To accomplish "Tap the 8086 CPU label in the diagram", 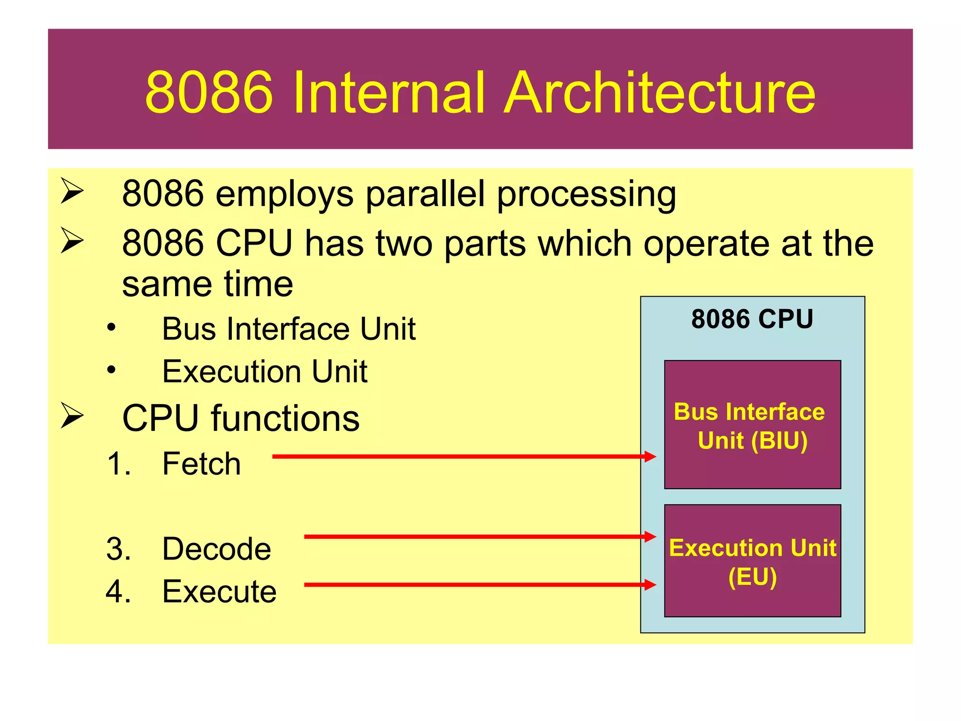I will pyautogui.click(x=752, y=320).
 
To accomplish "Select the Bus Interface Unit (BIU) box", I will pyautogui.click(x=752, y=425).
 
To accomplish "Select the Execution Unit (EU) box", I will pyautogui.click(x=752, y=561).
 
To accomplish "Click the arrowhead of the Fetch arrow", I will pyautogui.click(x=650, y=456).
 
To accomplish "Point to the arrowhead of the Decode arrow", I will pyautogui.click(x=650, y=537).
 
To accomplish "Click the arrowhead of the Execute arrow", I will pyautogui.click(x=650, y=584).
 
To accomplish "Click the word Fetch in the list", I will pyautogui.click(x=201, y=464).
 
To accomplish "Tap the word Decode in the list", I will pyautogui.click(x=216, y=549).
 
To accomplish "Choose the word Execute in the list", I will pyautogui.click(x=219, y=591).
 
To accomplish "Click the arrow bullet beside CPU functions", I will pyautogui.click(x=72, y=416).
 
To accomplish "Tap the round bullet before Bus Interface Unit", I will pyautogui.click(x=111, y=327).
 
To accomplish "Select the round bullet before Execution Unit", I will pyautogui.click(x=111, y=370).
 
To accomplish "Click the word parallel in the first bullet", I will pyautogui.click(x=425, y=193).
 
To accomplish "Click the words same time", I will pyautogui.click(x=207, y=284).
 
